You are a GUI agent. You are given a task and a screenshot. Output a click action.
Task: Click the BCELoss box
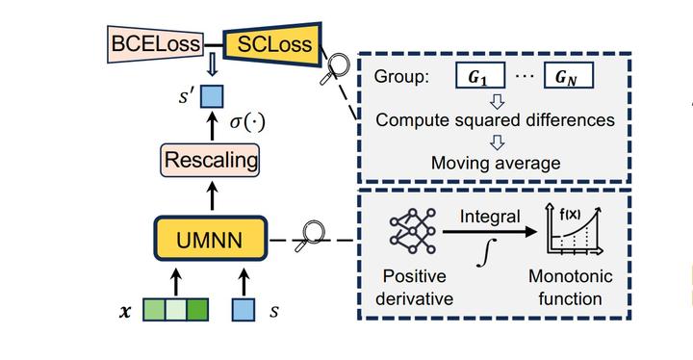pyautogui.click(x=156, y=43)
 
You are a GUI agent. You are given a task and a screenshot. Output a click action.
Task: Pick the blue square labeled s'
pyautogui.click(x=211, y=97)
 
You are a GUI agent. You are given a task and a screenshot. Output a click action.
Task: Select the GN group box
pyautogui.click(x=567, y=76)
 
